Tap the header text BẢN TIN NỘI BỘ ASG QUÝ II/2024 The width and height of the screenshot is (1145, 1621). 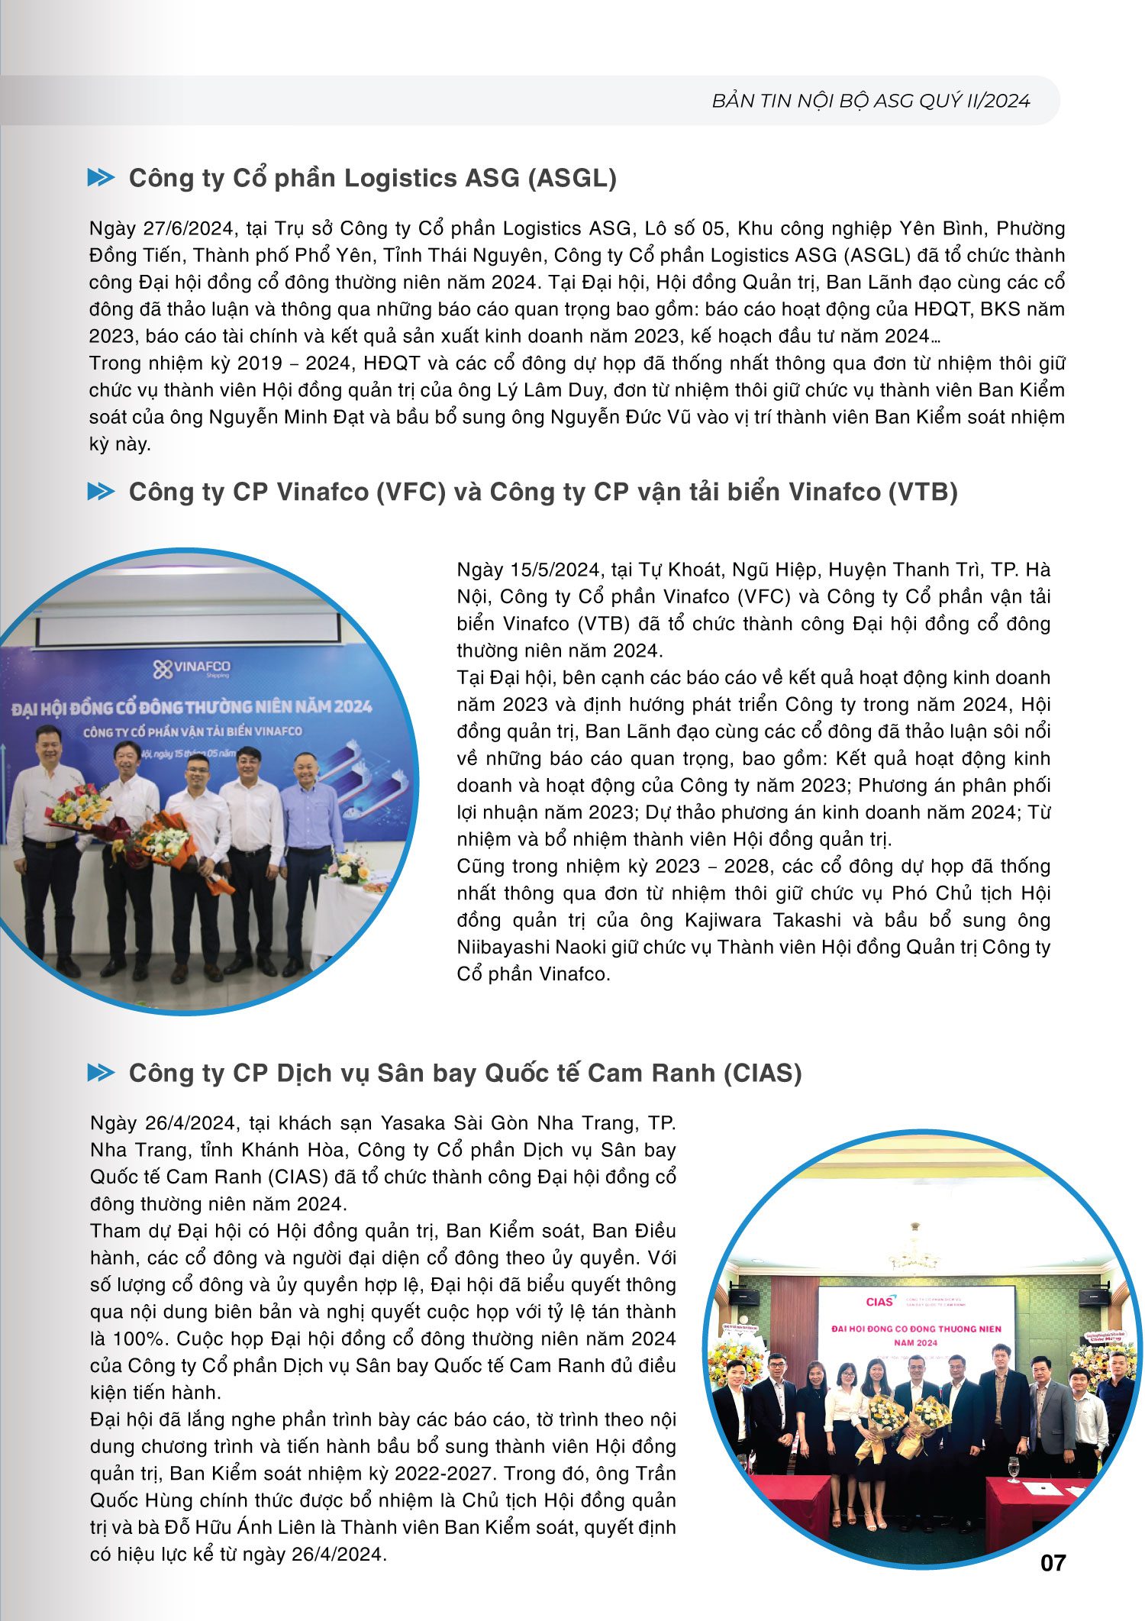click(x=871, y=101)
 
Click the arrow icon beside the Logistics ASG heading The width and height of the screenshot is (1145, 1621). click(x=101, y=178)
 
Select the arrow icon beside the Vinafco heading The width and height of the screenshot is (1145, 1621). click(x=101, y=492)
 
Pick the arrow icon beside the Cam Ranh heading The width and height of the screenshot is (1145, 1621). click(x=101, y=1073)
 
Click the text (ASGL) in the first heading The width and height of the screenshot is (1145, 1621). click(x=572, y=178)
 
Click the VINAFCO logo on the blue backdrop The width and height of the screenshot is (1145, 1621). click(x=192, y=670)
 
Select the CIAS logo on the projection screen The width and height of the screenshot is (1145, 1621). click(x=879, y=1301)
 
